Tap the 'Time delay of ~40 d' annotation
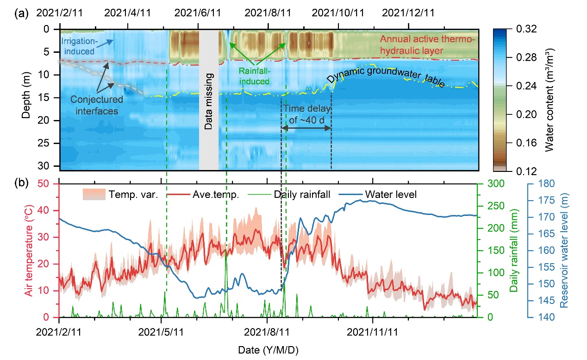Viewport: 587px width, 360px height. [x=307, y=113]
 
